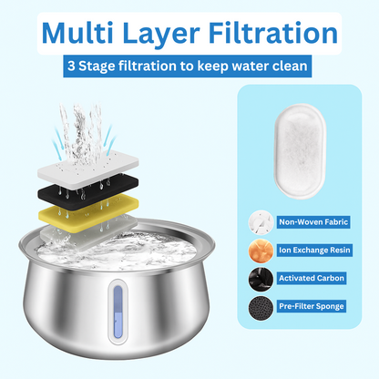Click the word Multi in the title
(x=77, y=33)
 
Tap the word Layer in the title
(x=161, y=34)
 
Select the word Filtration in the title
(x=273, y=33)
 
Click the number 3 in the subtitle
(x=71, y=66)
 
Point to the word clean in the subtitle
(x=290, y=66)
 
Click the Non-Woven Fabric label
(x=313, y=222)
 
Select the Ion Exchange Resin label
(x=314, y=251)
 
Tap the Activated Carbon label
(x=312, y=278)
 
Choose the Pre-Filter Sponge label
(x=312, y=306)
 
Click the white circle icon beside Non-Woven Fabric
(x=261, y=222)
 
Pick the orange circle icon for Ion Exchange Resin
(x=261, y=251)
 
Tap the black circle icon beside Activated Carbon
(x=261, y=280)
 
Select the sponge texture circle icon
(x=261, y=308)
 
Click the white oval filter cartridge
(x=300, y=151)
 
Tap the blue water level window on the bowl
(x=118, y=312)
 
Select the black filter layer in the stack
(x=88, y=189)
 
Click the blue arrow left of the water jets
(x=57, y=144)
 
